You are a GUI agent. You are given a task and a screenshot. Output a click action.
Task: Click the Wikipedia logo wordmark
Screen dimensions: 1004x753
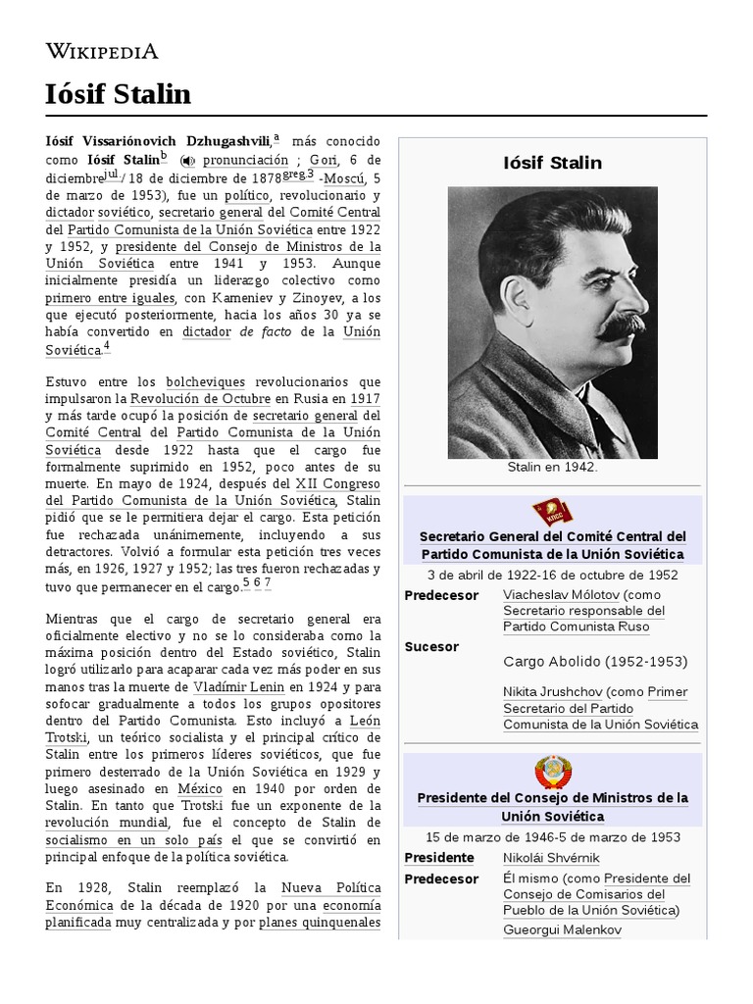(x=102, y=51)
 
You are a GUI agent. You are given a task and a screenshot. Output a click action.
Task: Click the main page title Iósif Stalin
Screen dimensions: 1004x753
(x=118, y=94)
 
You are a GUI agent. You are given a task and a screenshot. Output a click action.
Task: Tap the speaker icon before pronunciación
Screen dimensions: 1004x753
(x=187, y=161)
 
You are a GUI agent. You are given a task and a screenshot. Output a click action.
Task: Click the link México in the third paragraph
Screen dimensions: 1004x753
(x=200, y=788)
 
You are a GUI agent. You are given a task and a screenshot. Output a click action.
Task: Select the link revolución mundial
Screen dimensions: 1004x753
(x=108, y=823)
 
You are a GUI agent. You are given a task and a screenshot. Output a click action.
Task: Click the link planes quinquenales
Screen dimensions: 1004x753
(x=320, y=923)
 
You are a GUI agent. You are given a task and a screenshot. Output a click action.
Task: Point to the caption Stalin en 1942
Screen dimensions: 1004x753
(x=552, y=468)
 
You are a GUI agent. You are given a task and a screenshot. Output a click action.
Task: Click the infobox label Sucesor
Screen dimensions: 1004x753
(x=431, y=647)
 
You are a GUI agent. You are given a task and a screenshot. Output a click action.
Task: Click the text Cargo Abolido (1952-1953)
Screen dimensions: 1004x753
(x=595, y=662)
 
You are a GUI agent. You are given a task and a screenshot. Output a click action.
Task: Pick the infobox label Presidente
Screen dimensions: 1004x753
(x=438, y=858)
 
